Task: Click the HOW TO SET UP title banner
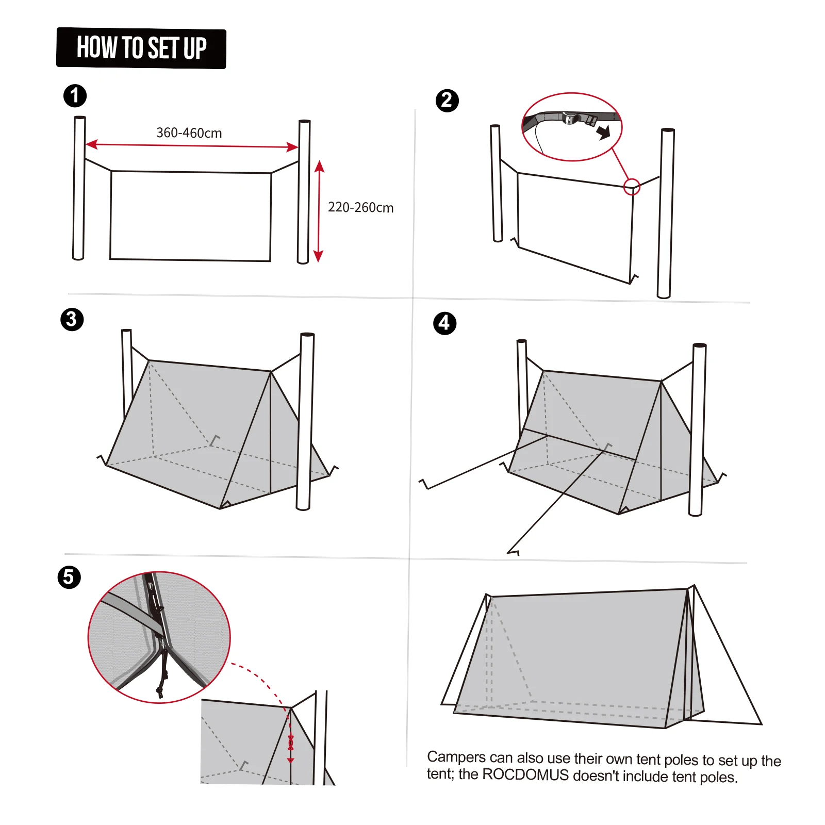[x=141, y=48]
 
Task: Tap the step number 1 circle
[x=75, y=96]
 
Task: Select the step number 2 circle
[x=447, y=100]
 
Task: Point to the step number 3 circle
[x=72, y=319]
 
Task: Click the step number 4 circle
[x=444, y=323]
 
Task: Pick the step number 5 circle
[x=69, y=577]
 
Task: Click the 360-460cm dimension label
[x=189, y=133]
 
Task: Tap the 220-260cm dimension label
[x=360, y=207]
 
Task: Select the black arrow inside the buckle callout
[x=603, y=132]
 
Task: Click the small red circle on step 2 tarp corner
[x=632, y=187]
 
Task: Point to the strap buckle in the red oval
[x=571, y=118]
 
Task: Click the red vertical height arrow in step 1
[x=319, y=211]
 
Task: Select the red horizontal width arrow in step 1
[x=192, y=146]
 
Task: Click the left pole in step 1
[x=79, y=188]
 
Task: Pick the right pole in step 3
[x=305, y=421]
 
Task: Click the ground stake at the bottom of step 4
[x=514, y=552]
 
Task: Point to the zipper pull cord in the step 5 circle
[x=162, y=675]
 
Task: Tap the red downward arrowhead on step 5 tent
[x=290, y=760]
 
